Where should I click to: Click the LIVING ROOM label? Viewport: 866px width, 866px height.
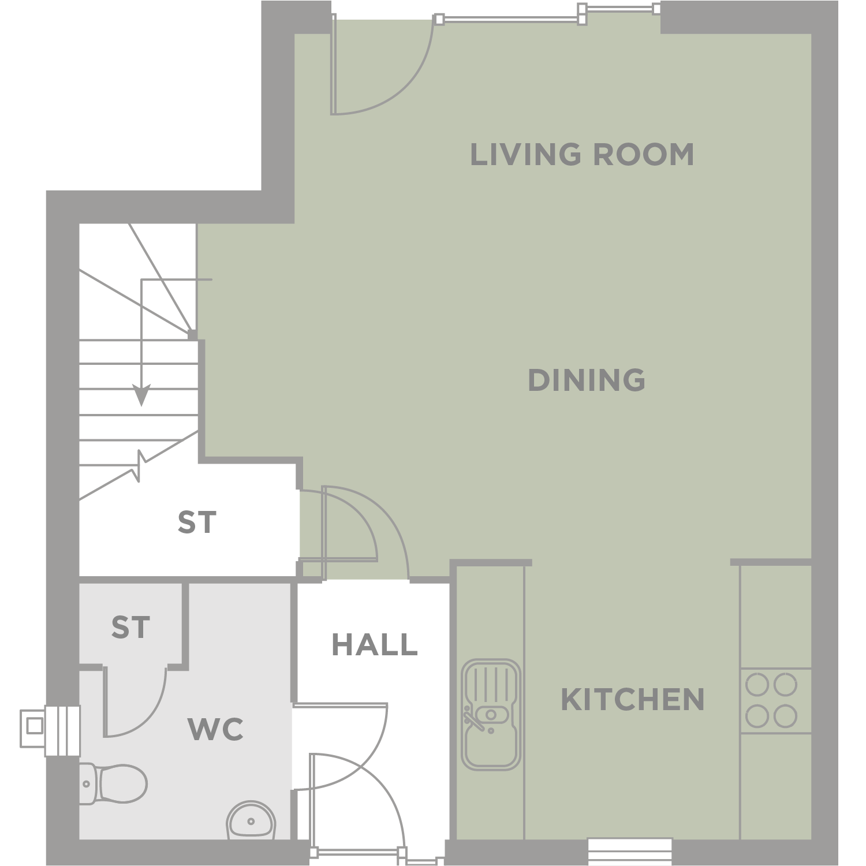click(582, 154)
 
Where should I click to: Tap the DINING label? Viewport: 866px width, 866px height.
click(587, 380)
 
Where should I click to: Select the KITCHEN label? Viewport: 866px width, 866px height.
click(633, 700)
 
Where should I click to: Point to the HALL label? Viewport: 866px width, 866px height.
click(375, 644)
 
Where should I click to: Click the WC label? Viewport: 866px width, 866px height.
click(216, 730)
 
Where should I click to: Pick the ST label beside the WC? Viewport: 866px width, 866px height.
click(130, 628)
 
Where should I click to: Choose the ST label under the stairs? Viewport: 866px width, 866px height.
click(197, 522)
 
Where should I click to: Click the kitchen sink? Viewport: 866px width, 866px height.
click(491, 715)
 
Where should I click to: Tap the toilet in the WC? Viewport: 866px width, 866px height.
click(113, 783)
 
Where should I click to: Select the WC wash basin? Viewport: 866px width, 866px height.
click(251, 820)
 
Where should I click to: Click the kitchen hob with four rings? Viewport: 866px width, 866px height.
click(776, 701)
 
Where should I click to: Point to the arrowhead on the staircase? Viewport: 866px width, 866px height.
click(141, 395)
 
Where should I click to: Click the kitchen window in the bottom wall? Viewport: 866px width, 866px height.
click(630, 852)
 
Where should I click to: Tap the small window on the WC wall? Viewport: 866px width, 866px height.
click(50, 730)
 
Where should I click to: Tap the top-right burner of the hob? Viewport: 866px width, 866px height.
click(786, 685)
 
